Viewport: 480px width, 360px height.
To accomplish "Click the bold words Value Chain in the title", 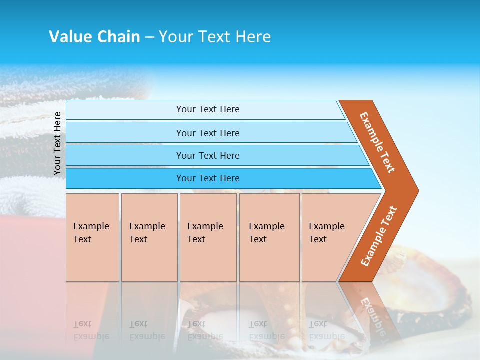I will [94, 37].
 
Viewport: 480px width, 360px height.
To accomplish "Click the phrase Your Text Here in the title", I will [215, 37].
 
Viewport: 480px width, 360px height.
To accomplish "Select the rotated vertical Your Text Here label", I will [57, 143].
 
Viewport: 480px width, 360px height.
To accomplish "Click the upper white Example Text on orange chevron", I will [377, 142].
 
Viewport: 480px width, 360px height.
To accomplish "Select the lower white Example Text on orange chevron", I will [378, 236].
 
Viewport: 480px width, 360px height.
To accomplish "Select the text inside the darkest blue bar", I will [208, 178].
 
